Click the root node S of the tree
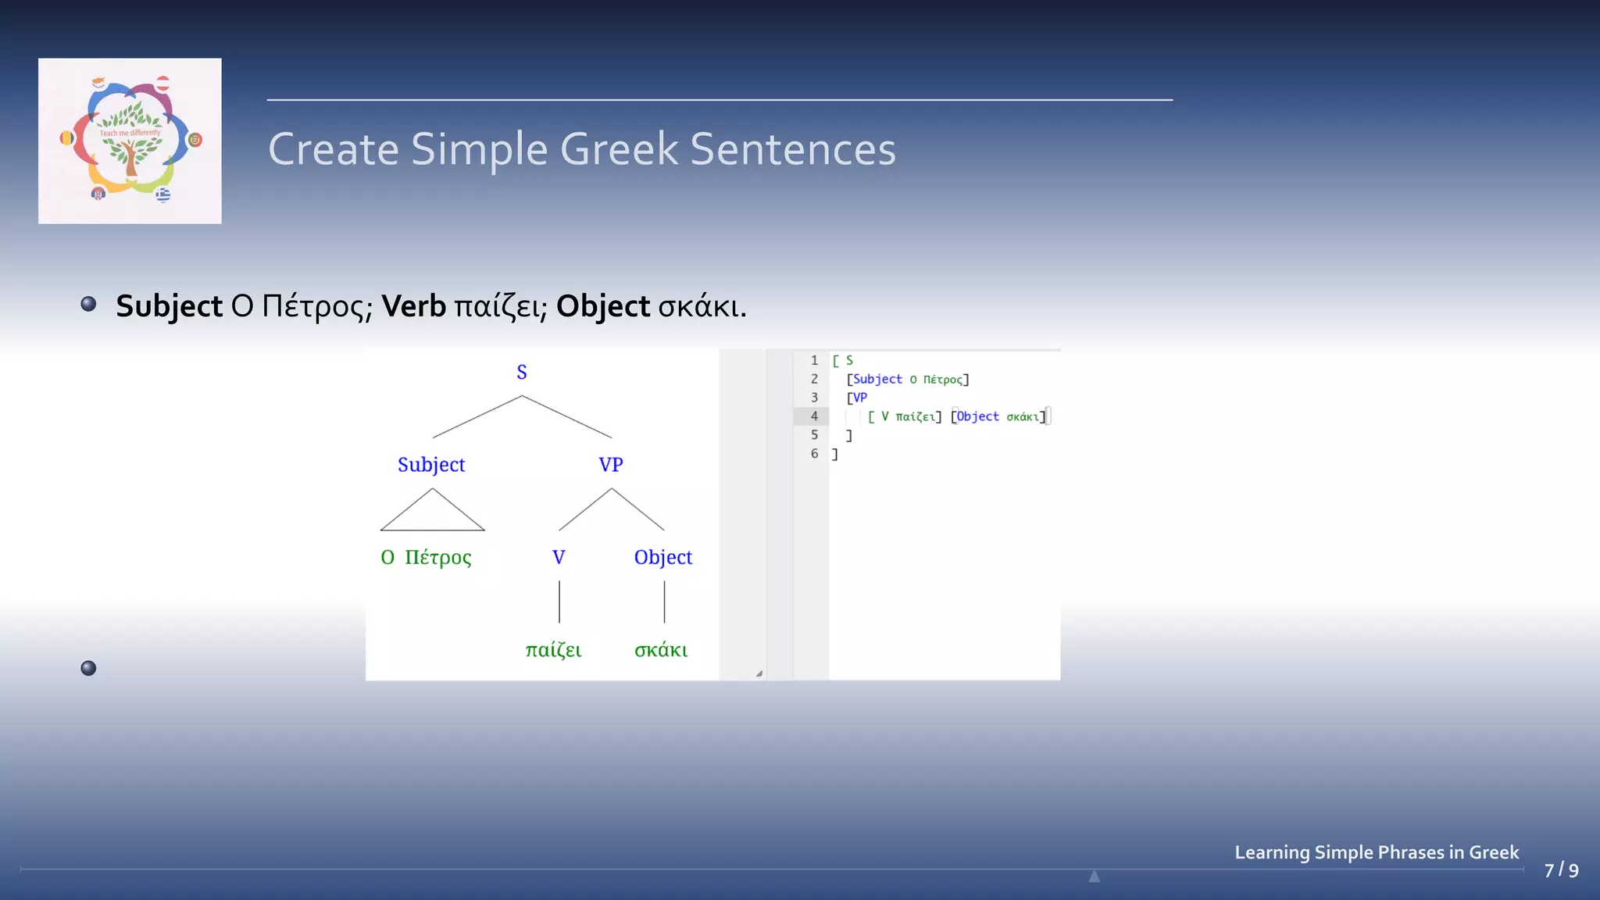tap(522, 372)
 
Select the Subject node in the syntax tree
tap(431, 464)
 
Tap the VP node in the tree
tap(611, 464)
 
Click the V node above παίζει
tap(559, 557)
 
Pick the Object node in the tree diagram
tap(663, 557)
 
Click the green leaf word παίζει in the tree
tap(553, 650)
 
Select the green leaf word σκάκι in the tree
tap(661, 650)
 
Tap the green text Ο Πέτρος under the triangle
tap(427, 557)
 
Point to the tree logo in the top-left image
tap(130, 141)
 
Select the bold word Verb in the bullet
tap(413, 306)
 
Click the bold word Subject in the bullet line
tap(169, 306)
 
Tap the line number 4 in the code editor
tap(814, 416)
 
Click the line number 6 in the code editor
tap(814, 453)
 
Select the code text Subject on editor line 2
tap(877, 379)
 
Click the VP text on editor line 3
tap(860, 398)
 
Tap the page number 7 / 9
tap(1561, 870)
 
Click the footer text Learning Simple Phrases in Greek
tap(1377, 852)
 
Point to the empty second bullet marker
tap(88, 668)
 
